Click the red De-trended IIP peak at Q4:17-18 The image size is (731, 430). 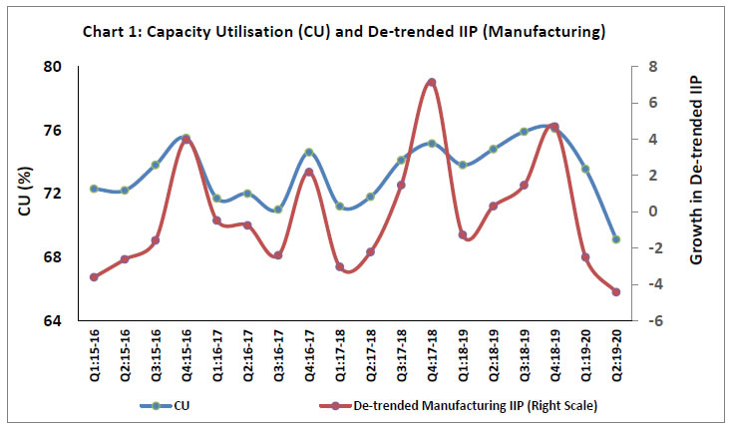[x=431, y=82]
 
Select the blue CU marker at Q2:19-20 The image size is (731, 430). [x=616, y=239]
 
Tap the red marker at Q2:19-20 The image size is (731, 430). [x=616, y=292]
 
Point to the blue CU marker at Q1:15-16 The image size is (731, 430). [x=93, y=189]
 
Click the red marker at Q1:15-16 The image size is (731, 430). [x=93, y=276]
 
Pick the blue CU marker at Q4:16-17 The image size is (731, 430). [x=308, y=153]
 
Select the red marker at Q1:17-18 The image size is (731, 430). [x=339, y=267]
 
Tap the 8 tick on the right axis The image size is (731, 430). [x=650, y=67]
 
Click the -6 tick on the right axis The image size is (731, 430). [x=652, y=321]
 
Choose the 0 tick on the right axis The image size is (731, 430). [x=650, y=212]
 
